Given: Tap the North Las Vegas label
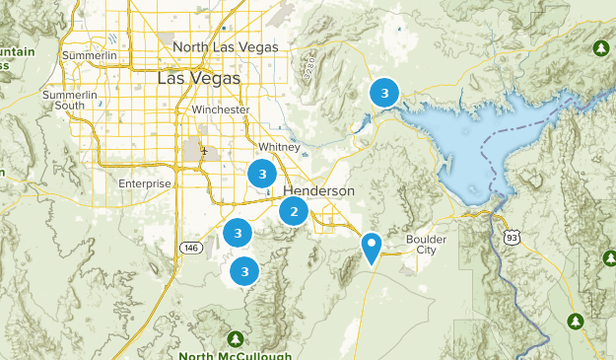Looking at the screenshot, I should (x=226, y=46).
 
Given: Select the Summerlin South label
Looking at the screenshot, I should (x=71, y=100).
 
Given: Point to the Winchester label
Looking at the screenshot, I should (x=221, y=109).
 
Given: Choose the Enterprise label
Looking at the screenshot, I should (x=145, y=183).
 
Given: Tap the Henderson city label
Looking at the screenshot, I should (x=318, y=190).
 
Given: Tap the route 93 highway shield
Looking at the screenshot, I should (x=511, y=237).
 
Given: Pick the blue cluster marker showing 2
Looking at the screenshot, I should (x=294, y=211).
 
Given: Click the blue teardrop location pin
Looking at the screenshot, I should (x=372, y=246).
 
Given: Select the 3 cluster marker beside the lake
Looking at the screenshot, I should (x=383, y=94).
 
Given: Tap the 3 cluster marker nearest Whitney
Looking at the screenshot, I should (x=261, y=175).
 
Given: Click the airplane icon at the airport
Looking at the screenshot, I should (x=204, y=152).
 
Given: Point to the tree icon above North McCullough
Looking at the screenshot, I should (x=237, y=335).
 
